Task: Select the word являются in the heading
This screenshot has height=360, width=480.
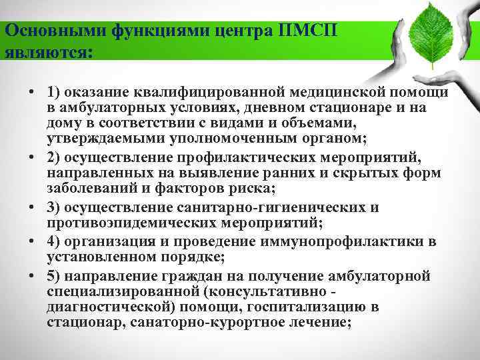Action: click(46, 51)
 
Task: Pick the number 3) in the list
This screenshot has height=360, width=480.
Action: click(55, 207)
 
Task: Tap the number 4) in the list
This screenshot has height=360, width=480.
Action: click(55, 240)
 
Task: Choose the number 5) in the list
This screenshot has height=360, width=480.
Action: click(55, 276)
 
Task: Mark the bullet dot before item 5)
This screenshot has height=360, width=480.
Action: click(31, 276)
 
